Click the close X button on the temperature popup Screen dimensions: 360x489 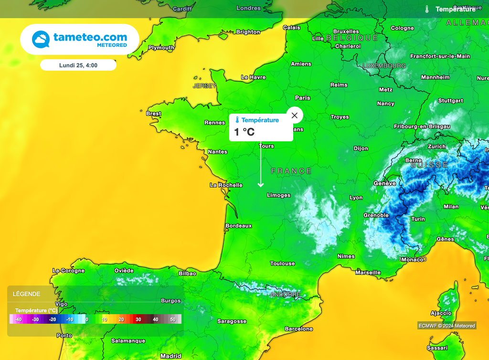coord(295,115)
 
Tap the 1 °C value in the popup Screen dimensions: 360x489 coord(244,132)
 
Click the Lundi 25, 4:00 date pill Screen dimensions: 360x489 coord(78,65)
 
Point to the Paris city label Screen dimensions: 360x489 coord(303,98)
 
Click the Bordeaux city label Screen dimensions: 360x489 coord(238,225)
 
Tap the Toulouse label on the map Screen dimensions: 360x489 coord(282,264)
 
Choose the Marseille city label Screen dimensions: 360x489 coord(368,273)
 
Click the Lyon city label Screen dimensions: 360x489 coord(356,198)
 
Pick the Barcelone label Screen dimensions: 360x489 coord(298,329)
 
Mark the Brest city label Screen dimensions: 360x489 coord(153,114)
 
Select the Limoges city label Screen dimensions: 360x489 coord(278,195)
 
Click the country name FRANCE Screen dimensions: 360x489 coord(291,171)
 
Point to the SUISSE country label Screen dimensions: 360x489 coord(429,165)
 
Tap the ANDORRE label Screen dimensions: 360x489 coord(285,295)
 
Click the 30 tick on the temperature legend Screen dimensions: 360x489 coord(138,319)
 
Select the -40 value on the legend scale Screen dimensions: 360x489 coord(18,319)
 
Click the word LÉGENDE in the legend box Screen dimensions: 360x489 coord(26,294)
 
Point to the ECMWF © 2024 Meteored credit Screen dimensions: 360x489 coord(446,326)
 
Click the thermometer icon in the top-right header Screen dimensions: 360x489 coord(427,9)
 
